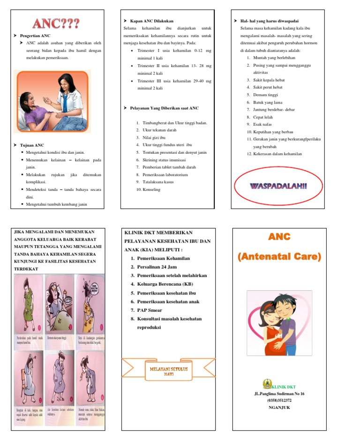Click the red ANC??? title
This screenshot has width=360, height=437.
55,23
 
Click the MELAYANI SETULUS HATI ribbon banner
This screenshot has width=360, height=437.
168,371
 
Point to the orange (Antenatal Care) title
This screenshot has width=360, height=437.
279,256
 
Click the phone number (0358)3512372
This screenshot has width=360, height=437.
279,400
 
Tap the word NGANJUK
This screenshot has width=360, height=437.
279,407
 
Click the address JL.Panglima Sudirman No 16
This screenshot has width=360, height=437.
279,394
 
